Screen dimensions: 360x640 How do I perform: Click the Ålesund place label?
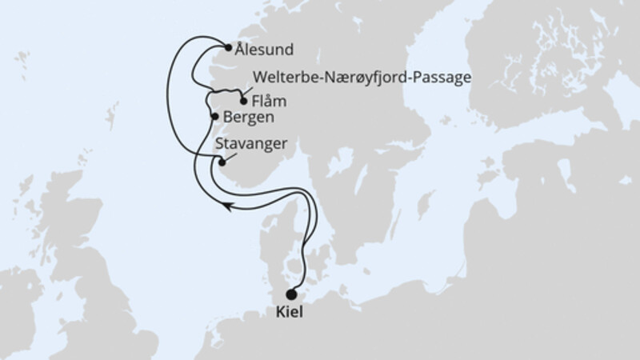click(264, 50)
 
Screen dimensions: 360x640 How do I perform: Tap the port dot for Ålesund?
click(229, 48)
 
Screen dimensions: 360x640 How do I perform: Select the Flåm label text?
click(269, 102)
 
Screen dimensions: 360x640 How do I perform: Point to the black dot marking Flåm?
click(243, 101)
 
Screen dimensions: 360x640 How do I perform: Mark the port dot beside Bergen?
click(214, 117)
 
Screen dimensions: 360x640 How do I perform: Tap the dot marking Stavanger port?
click(222, 162)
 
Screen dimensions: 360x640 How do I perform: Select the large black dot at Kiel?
click(290, 293)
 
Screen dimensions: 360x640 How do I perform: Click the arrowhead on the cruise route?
click(228, 207)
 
